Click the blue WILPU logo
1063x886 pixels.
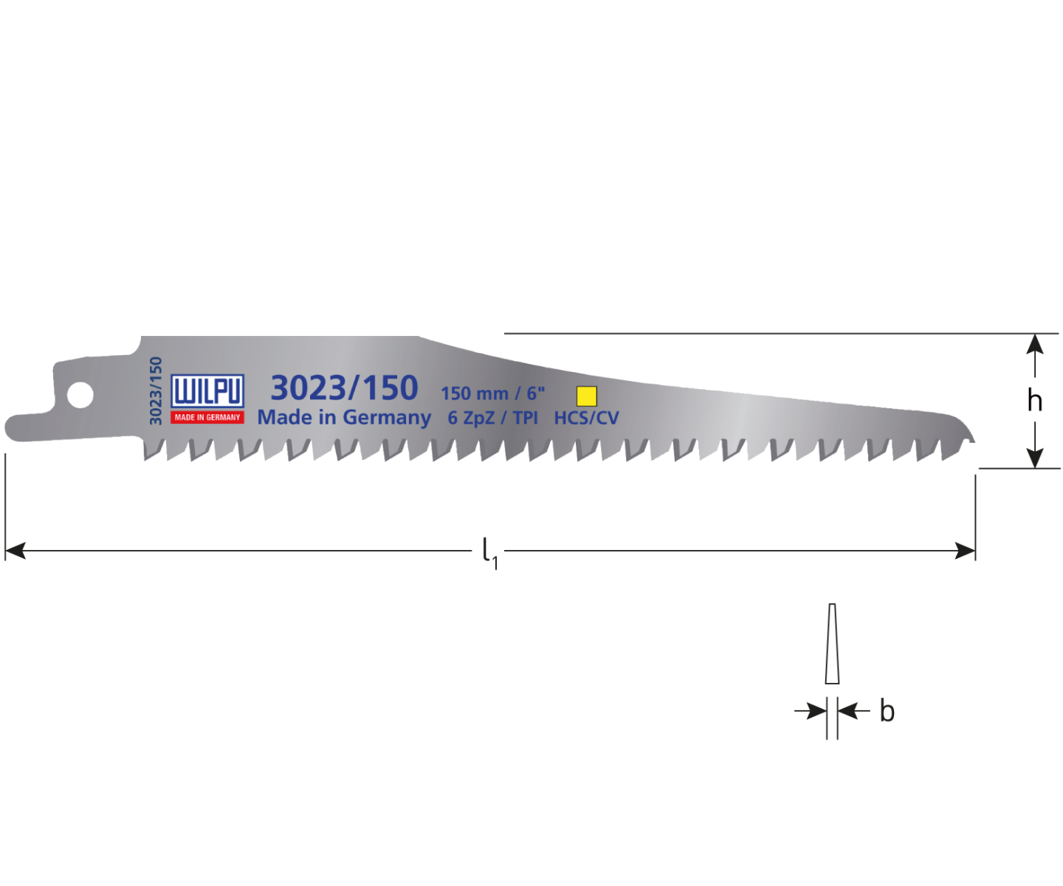point(207,391)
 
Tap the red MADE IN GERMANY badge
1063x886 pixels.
point(207,417)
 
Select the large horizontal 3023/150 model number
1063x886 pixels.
point(344,388)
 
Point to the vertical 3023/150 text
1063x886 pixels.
point(155,391)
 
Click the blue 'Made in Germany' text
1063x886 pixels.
point(344,417)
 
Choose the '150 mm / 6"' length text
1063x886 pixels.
point(492,393)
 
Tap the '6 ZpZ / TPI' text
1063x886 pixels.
point(492,418)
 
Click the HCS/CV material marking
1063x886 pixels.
point(586,418)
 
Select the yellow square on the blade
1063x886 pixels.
point(586,396)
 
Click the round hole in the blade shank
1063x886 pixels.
point(80,394)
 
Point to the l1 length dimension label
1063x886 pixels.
point(489,552)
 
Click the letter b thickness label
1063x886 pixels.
point(887,712)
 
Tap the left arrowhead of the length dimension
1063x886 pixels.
point(15,550)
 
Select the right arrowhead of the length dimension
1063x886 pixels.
point(966,550)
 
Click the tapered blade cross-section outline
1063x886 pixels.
point(832,644)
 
